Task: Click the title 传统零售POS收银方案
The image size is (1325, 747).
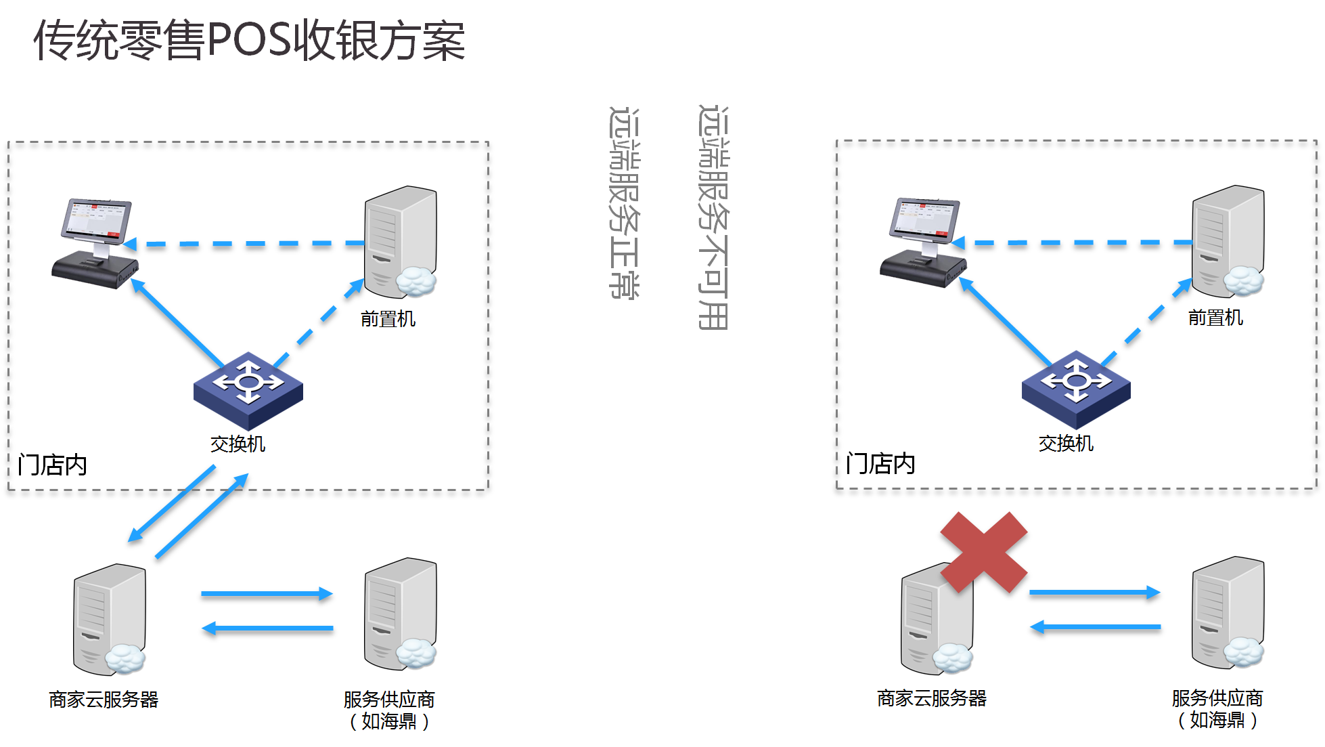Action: point(249,41)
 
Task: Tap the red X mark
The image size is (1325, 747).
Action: point(984,552)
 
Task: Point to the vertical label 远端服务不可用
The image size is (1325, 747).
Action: point(713,217)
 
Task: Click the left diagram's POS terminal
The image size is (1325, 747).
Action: point(95,244)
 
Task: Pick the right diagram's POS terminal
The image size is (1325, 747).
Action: point(923,242)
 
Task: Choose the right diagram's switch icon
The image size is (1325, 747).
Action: point(1076,387)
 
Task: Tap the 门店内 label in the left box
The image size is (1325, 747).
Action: point(53,465)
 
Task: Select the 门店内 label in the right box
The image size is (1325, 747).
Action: point(880,464)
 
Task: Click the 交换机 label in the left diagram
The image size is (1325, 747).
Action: point(238,444)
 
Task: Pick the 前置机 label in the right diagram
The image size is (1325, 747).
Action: point(1215,318)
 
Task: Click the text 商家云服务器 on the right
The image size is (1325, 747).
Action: point(932,698)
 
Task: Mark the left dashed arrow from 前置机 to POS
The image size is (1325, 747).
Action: point(244,243)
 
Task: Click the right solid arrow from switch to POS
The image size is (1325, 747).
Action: point(1006,321)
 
